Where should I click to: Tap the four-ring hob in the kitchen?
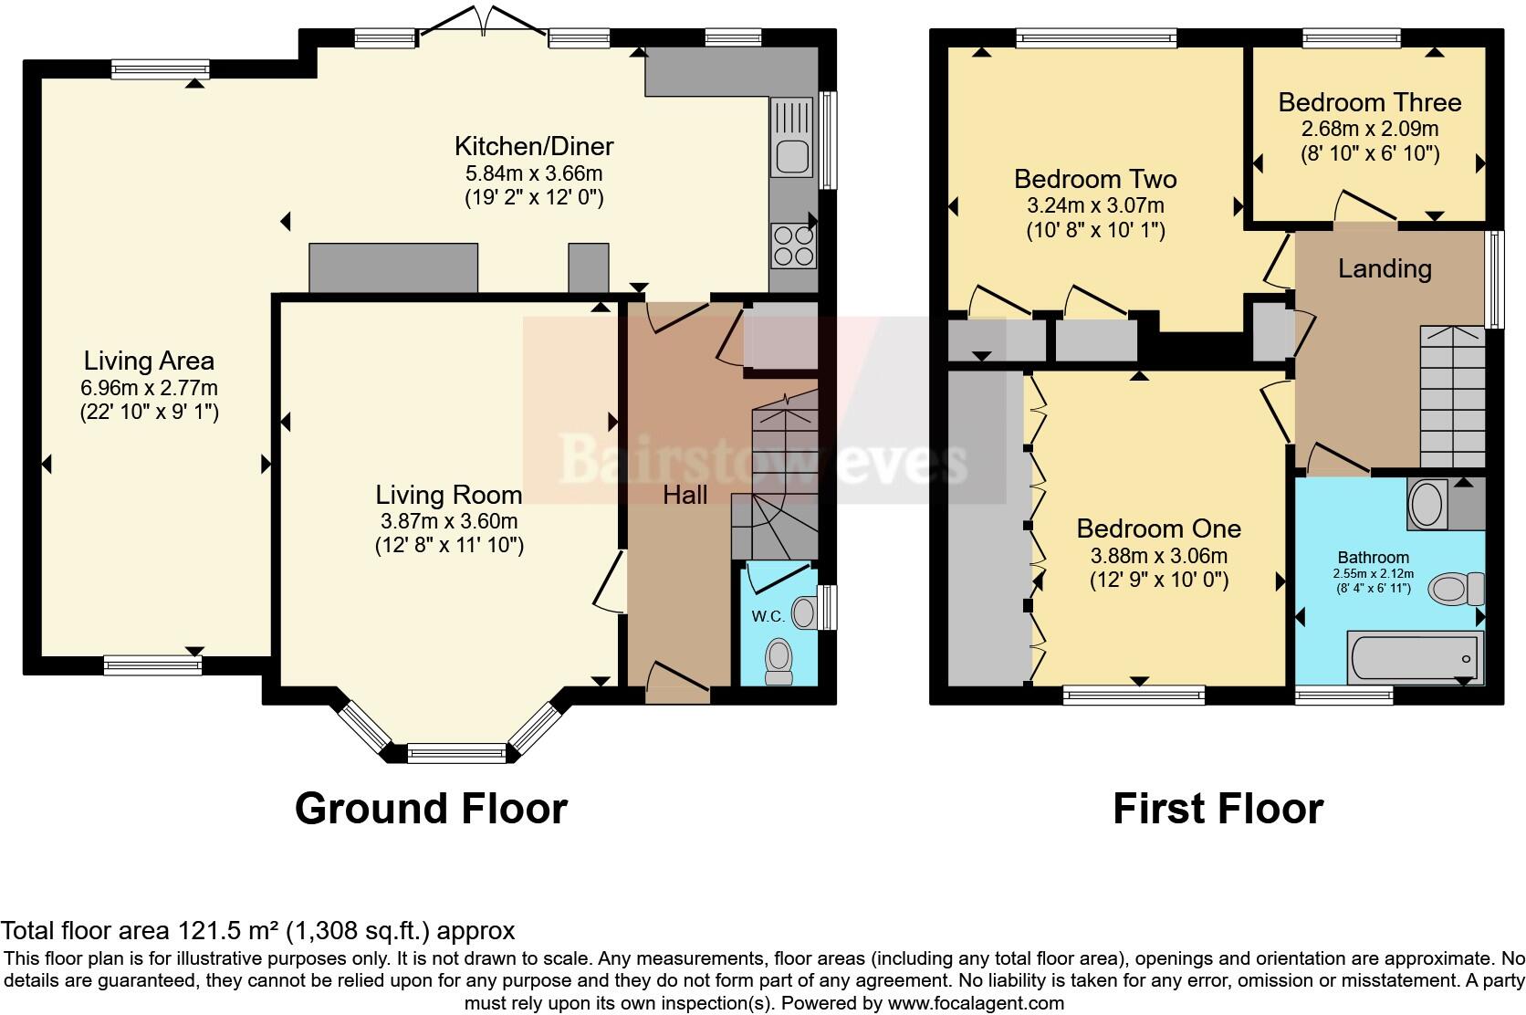[792, 246]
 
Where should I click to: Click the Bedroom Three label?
[1369, 102]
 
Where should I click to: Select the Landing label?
[1384, 268]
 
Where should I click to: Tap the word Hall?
[685, 495]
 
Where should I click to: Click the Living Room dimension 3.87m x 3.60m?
[448, 521]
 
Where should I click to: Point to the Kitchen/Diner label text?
[534, 146]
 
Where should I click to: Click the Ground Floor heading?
[431, 809]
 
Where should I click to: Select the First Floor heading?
[1218, 809]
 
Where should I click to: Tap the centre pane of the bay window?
[455, 753]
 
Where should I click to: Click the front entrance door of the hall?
[676, 683]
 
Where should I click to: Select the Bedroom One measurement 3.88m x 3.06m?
[1158, 555]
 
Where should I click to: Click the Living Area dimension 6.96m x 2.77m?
[149, 388]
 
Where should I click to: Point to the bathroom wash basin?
[1424, 503]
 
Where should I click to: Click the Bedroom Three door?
[1365, 206]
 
